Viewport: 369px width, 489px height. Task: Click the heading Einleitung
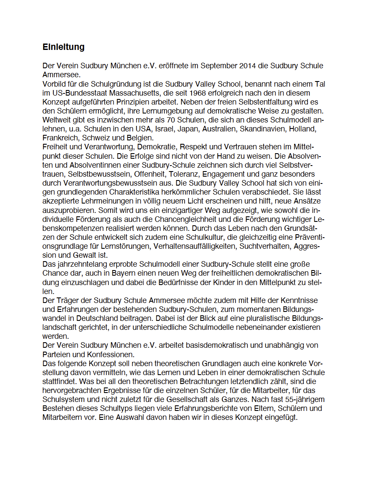64,47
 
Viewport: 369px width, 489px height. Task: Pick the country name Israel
164,129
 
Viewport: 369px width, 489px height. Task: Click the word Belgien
139,138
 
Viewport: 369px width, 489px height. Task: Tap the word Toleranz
184,174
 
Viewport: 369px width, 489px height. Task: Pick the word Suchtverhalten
267,246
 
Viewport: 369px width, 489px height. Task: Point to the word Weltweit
57,120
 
